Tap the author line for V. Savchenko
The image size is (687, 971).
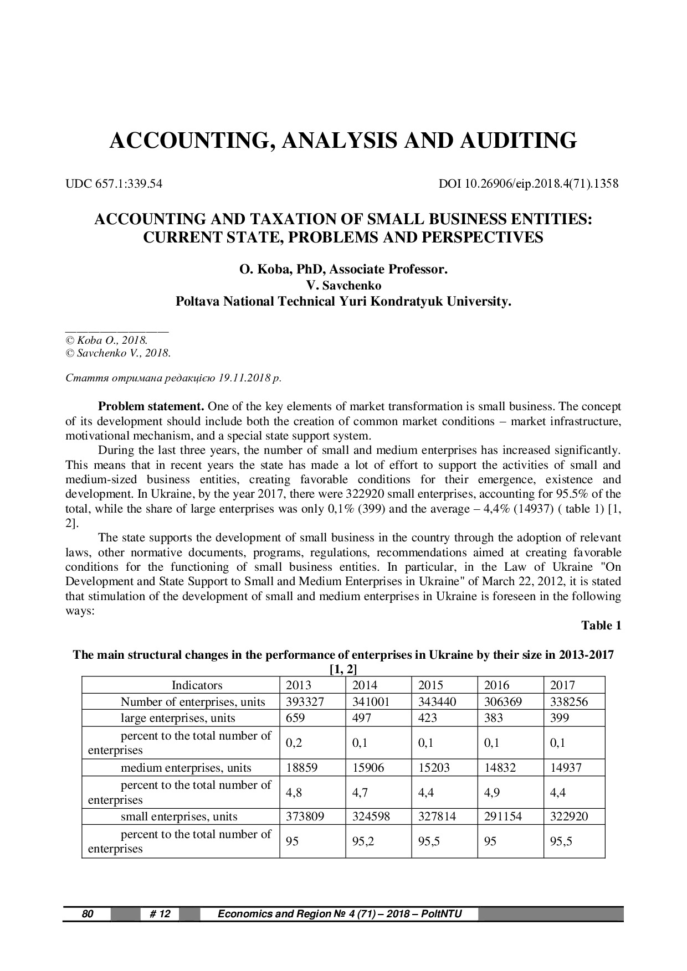(x=343, y=286)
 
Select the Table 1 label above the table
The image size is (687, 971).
(x=601, y=626)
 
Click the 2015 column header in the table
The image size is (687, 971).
(x=431, y=685)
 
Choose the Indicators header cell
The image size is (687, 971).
(x=197, y=685)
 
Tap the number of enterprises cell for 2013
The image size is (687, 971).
(x=304, y=702)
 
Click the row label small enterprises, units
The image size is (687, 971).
(x=179, y=817)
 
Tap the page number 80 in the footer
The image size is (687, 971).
(x=88, y=914)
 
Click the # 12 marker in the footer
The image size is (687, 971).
(x=160, y=914)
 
